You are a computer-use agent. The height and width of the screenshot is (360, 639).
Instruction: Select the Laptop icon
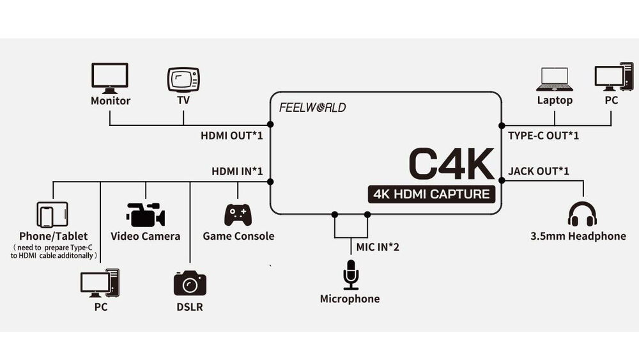tap(554, 79)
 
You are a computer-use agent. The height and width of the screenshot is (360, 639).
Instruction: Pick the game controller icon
tap(238, 214)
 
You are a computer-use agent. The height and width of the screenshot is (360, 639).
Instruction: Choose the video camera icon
tap(146, 215)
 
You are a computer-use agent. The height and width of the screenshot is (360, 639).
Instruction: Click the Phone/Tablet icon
tap(52, 215)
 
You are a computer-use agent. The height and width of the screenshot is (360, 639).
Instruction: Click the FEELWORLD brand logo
tap(312, 107)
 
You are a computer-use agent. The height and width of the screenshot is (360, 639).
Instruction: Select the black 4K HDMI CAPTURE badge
tap(431, 194)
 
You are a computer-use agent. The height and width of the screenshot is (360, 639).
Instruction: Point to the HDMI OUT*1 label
tap(232, 136)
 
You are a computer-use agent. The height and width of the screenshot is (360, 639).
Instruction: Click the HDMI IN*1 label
tap(237, 171)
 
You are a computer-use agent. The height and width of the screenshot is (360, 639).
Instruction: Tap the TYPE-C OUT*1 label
tap(543, 136)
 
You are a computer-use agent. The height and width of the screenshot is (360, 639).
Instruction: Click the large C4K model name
tap(451, 164)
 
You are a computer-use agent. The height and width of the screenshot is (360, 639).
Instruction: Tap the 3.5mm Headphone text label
tap(578, 236)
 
